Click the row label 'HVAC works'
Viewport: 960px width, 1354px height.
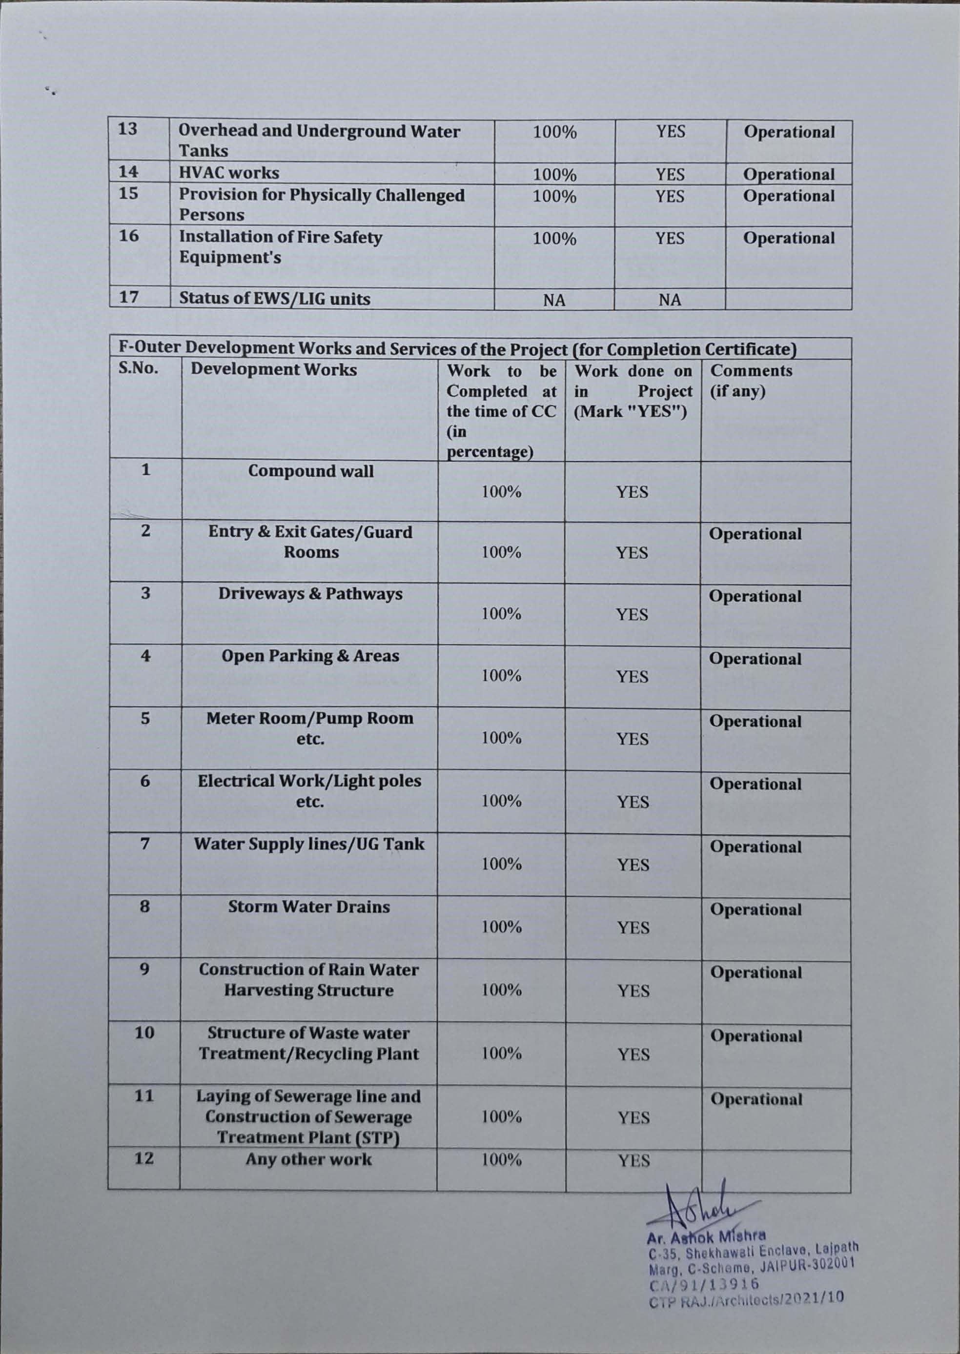click(x=229, y=173)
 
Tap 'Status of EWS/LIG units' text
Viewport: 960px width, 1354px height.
click(x=274, y=299)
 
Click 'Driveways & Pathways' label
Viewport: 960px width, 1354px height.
click(x=310, y=593)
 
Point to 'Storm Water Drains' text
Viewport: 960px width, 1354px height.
click(x=309, y=907)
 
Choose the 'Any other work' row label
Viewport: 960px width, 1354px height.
click(x=308, y=1159)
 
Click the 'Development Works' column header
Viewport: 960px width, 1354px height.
click(x=274, y=370)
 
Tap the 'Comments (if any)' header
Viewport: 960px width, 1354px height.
click(x=751, y=381)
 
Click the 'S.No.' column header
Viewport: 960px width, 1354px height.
click(x=138, y=369)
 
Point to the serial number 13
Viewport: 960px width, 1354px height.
click(x=128, y=129)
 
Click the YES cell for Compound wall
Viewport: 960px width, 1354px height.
click(x=633, y=492)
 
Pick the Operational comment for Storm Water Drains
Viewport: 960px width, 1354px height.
click(x=756, y=909)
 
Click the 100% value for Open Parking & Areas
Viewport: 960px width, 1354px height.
click(x=501, y=675)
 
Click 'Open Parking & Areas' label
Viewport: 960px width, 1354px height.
click(x=310, y=656)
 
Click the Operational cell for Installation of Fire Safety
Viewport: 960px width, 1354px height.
click(x=789, y=238)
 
